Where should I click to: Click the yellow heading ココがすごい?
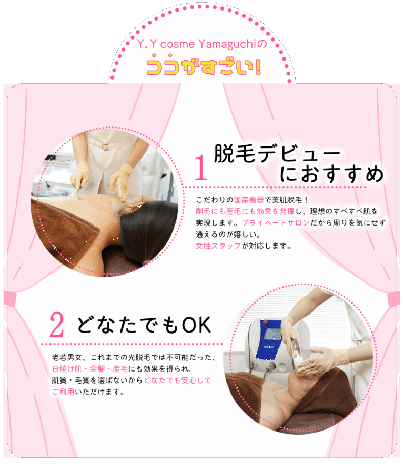[204, 66]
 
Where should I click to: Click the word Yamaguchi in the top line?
[227, 44]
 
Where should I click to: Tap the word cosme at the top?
[177, 45]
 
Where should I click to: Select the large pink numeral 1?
[201, 168]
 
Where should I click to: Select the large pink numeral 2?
[57, 325]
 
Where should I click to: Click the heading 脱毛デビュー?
[277, 153]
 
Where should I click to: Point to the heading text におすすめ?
[331, 174]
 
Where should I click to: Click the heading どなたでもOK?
[144, 325]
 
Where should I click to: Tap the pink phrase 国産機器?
[249, 200]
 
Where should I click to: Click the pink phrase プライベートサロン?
[276, 223]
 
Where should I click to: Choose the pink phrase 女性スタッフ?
[218, 246]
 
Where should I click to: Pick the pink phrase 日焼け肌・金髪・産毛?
[90, 369]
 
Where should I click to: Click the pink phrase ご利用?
[63, 392]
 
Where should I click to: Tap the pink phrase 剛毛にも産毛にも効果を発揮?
[245, 211]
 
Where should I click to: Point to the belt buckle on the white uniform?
[105, 147]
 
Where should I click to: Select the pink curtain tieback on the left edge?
[9, 298]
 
